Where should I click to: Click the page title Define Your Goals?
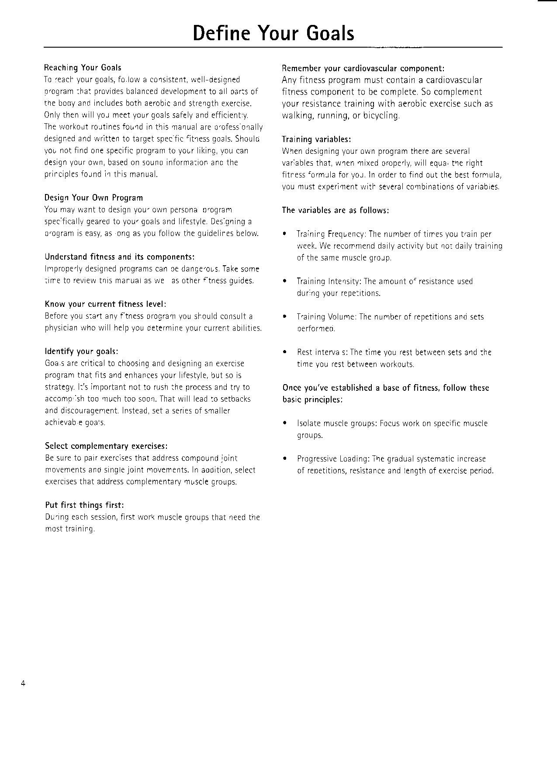pos(273,33)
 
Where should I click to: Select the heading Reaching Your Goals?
pos(83,68)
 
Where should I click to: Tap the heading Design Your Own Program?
pos(93,198)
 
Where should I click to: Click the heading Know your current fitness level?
pos(105,304)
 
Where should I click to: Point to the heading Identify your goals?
pos(81,351)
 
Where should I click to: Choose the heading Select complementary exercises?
pos(106,446)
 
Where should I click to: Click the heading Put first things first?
pos(84,505)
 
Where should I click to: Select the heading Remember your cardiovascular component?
pos(363,68)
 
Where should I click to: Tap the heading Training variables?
pos(316,139)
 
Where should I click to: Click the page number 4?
pos(23,684)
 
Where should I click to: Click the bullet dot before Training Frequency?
pos(285,234)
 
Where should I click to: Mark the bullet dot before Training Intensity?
pos(285,281)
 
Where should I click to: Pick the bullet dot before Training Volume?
pos(285,317)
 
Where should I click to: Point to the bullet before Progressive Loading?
pos(285,459)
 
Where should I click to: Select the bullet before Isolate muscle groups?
pos(285,423)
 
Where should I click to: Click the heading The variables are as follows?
pos(336,210)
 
